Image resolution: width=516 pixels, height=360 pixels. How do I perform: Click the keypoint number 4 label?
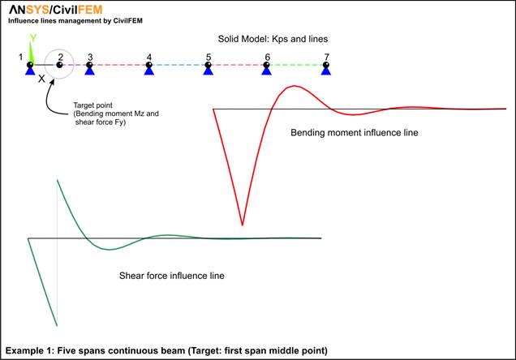coord(149,58)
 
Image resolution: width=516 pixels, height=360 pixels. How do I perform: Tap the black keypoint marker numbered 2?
coord(59,65)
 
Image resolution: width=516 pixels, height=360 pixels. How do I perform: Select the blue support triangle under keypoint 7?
coord(326,71)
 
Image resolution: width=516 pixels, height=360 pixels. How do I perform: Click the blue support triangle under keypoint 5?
coord(208,71)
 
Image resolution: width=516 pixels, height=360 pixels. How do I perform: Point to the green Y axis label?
coord(33,38)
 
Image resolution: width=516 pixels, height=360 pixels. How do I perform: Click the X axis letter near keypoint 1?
coord(41,79)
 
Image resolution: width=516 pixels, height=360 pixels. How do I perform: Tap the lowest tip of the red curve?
coord(243,225)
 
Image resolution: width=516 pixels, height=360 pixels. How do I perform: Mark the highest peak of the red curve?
coord(295,86)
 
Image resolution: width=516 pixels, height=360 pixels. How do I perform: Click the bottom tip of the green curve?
coord(57,325)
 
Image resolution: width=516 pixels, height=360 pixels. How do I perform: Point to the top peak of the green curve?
coord(58,180)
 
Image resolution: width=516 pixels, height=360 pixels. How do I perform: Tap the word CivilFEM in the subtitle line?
coord(128,21)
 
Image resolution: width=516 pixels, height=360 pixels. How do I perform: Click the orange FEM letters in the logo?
coord(90,10)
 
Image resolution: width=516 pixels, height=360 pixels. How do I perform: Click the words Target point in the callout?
coord(92,105)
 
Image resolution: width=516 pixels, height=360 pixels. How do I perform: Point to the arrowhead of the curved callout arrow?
coord(52,81)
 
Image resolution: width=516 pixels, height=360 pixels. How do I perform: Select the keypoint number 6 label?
coord(268,58)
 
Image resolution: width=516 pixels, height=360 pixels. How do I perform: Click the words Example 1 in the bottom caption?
coord(29,350)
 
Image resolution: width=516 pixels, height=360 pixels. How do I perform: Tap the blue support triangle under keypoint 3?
coord(89,71)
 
